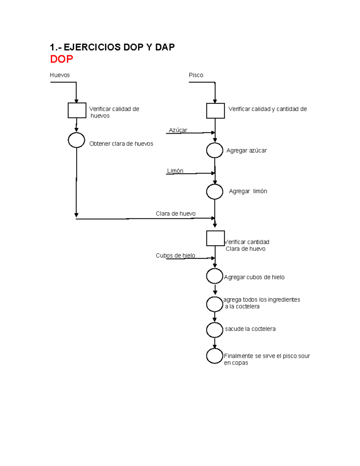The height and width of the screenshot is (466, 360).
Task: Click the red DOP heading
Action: (61, 59)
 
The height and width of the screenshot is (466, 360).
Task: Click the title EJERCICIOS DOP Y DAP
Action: (112, 47)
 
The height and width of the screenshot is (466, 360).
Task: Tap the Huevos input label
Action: (60, 75)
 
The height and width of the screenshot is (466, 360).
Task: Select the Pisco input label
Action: (196, 75)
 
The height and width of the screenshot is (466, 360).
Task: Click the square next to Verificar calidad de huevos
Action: (77, 110)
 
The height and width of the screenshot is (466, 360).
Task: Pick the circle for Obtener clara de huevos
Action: (76, 140)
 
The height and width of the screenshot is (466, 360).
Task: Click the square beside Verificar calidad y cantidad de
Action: (215, 111)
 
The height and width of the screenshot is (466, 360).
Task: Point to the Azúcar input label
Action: (178, 130)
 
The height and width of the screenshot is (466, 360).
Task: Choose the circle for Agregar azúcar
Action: (215, 150)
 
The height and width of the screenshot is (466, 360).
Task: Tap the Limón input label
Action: (175, 171)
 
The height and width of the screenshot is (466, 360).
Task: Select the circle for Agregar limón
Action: (215, 192)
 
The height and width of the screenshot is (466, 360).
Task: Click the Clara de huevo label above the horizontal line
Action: (175, 214)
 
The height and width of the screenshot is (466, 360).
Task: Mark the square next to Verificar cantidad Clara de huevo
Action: (215, 238)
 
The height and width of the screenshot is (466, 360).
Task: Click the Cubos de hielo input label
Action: (175, 255)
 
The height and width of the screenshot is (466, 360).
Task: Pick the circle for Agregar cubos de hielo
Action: (215, 276)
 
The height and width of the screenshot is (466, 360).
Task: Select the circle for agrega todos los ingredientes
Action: (215, 304)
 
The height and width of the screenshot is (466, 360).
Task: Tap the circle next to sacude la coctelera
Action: (215, 330)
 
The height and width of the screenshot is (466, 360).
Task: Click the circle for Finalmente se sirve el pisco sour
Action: (215, 356)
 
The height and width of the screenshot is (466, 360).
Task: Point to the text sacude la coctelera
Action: (250, 329)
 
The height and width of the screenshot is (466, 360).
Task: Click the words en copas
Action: (236, 363)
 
